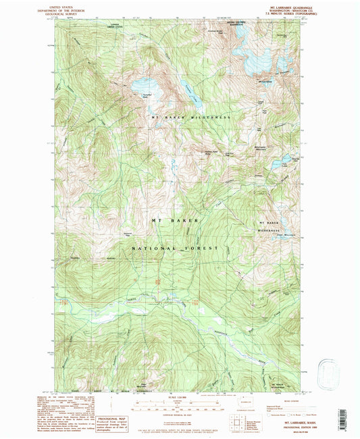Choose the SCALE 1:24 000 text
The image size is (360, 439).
pyautogui.click(x=178, y=396)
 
